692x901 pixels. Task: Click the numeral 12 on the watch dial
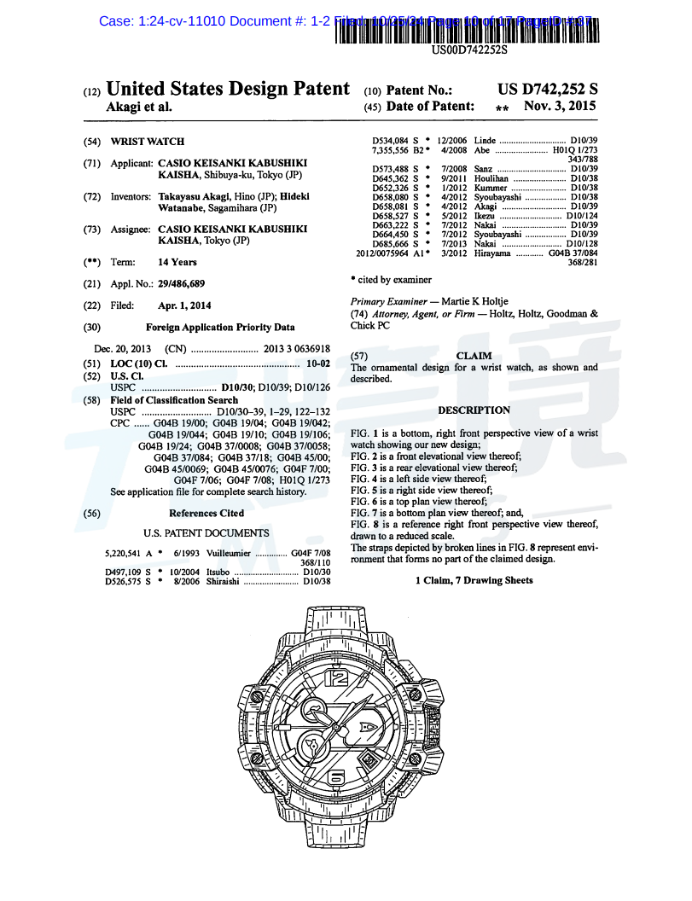(338, 679)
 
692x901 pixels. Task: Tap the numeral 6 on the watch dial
(337, 776)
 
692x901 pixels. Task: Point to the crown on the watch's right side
(435, 728)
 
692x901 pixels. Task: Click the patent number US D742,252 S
(547, 90)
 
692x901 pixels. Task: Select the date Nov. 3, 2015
(560, 107)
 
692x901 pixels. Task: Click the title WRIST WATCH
(147, 142)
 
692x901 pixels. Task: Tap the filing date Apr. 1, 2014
(184, 305)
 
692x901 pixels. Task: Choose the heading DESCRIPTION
(474, 410)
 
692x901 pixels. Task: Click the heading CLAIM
(474, 356)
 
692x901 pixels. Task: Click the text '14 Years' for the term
(177, 262)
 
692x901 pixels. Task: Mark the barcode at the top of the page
(468, 29)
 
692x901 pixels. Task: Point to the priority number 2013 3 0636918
(296, 349)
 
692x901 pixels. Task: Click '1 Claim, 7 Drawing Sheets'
(474, 580)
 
